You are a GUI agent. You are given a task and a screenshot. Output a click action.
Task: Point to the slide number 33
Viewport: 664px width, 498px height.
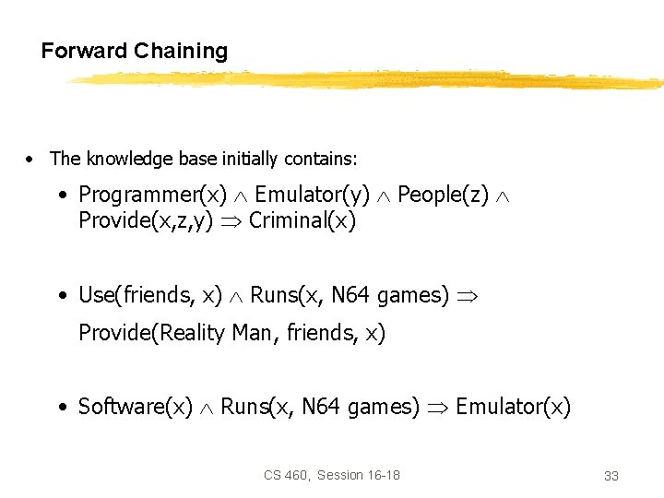tap(611, 476)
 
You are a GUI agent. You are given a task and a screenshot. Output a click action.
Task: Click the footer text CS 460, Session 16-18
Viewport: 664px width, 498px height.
tap(332, 475)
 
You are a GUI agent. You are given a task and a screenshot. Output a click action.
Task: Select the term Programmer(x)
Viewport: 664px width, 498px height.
tap(152, 195)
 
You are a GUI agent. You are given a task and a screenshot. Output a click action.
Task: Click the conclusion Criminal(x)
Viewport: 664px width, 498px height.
tap(302, 221)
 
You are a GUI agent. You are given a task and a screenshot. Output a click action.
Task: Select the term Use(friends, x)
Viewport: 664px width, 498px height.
tap(150, 295)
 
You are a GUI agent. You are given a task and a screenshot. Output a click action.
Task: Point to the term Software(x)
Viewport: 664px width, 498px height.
tap(136, 406)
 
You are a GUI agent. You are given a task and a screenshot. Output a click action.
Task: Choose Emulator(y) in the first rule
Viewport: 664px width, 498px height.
tap(312, 195)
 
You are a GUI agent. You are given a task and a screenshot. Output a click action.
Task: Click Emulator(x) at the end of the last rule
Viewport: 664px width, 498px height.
tap(513, 406)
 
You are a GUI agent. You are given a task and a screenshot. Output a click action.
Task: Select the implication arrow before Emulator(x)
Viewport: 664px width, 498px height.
tap(437, 407)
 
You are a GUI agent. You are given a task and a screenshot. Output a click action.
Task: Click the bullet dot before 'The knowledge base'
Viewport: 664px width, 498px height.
tap(31, 160)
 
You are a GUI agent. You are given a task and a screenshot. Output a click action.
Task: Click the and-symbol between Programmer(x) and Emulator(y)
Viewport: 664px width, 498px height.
tap(240, 196)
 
